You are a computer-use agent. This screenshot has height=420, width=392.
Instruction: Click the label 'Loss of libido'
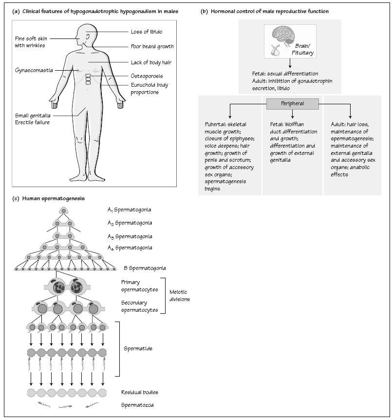click(x=147, y=32)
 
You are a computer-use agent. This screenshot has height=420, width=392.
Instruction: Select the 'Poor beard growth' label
click(x=152, y=46)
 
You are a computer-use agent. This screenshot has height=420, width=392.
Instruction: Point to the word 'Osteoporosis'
click(x=147, y=76)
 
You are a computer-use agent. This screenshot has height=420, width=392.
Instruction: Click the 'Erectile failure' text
click(x=32, y=122)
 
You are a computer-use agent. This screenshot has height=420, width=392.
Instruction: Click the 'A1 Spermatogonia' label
click(x=130, y=210)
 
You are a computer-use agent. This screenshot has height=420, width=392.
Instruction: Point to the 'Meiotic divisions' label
click(x=179, y=295)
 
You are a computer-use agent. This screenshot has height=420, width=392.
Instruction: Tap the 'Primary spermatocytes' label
click(x=139, y=286)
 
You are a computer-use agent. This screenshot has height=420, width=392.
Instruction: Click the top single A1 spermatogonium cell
click(x=63, y=211)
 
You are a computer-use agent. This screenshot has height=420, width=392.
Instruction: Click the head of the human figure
click(x=86, y=36)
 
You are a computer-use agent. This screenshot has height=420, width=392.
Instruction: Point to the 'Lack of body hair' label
click(x=151, y=62)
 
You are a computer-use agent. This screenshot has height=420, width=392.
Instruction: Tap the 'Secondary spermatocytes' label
click(x=139, y=306)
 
